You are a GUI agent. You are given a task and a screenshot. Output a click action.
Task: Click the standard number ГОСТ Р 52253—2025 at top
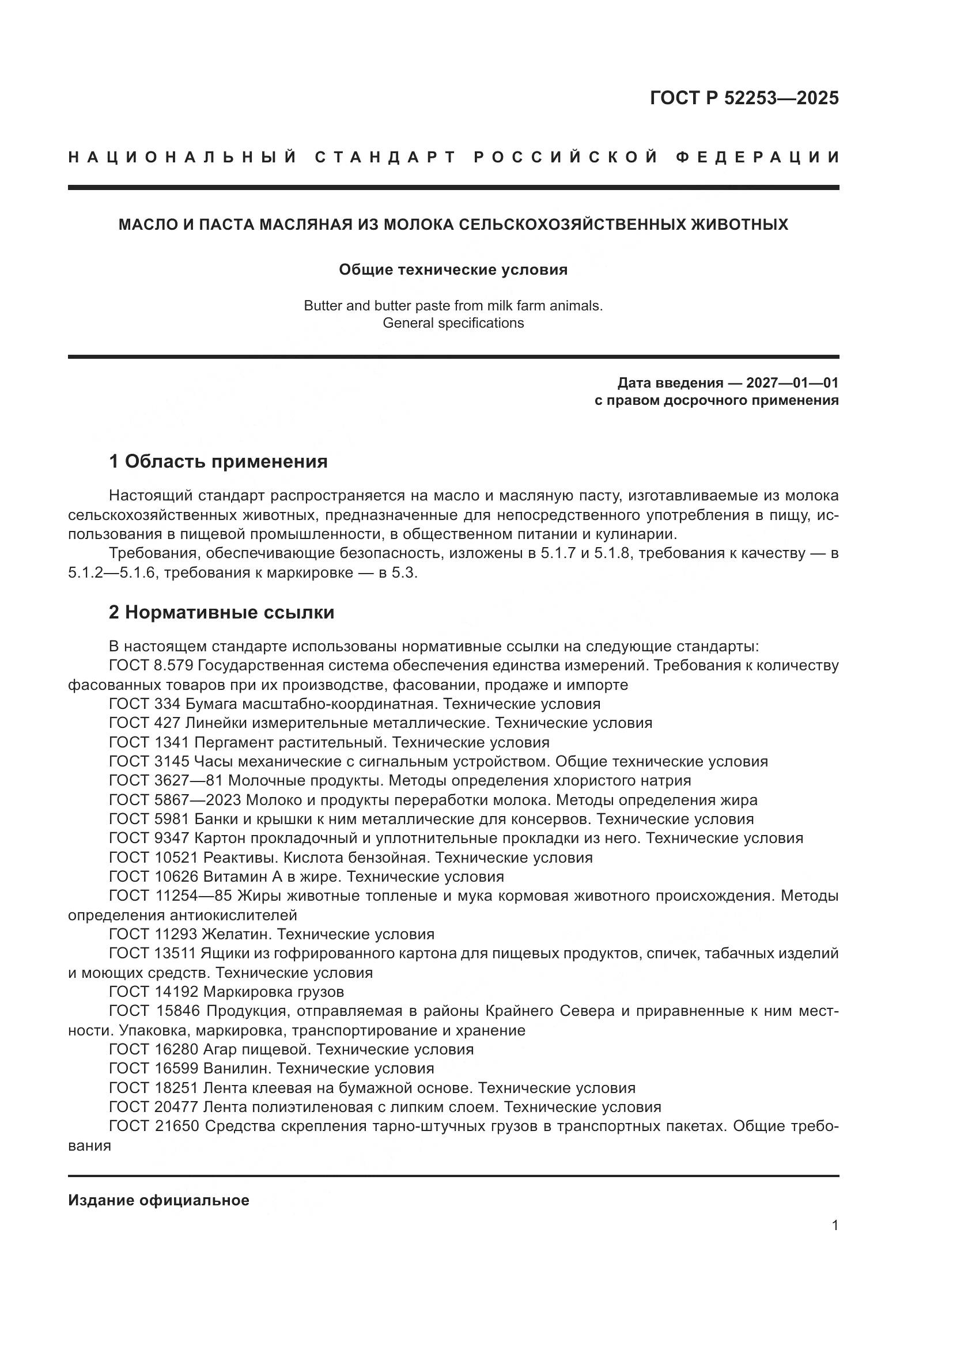743,98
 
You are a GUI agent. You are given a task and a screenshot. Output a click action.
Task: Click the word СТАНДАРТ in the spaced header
385,157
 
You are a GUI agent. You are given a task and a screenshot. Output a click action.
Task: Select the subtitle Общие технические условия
453,270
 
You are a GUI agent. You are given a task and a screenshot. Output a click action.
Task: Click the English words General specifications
453,322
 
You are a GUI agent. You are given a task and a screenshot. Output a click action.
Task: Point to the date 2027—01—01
792,383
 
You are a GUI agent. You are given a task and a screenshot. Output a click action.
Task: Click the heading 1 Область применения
218,461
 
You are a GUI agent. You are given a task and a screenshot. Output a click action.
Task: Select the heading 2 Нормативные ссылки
221,612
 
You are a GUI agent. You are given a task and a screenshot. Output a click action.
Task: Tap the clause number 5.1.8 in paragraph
612,553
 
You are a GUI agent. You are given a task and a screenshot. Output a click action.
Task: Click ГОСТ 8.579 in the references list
151,665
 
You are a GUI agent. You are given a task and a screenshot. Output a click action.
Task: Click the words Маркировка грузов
273,992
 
